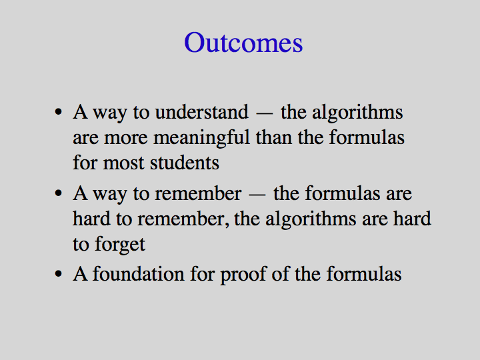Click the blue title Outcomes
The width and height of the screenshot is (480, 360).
tap(243, 43)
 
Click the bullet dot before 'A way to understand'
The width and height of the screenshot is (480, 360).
tap(59, 112)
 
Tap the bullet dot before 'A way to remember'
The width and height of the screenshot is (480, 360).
tap(59, 193)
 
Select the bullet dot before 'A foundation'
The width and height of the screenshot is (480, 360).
tap(59, 274)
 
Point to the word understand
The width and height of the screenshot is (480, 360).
tap(202, 112)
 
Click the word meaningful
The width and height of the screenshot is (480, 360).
tap(202, 138)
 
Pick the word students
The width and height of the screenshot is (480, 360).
tap(185, 163)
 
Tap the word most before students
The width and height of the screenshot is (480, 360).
tap(123, 163)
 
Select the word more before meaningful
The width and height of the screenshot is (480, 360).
tap(126, 139)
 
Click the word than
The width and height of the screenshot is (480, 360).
tap(274, 137)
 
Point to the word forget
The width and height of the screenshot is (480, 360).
tap(120, 245)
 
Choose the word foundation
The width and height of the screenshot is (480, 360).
tap(139, 274)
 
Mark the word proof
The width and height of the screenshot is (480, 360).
tap(243, 275)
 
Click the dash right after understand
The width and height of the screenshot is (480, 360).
tap(265, 113)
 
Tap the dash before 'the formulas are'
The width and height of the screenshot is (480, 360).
tap(257, 195)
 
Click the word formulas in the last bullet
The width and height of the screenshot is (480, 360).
tap(364, 274)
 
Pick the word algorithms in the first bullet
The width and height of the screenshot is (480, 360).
tap(357, 113)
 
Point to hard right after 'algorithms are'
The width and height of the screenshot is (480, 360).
tap(412, 219)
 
